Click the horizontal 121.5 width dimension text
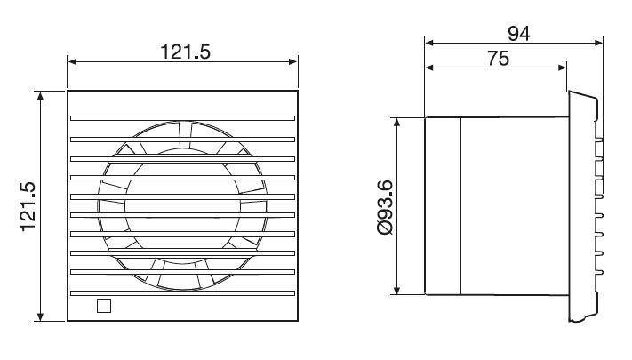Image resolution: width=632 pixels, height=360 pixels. pos(184,51)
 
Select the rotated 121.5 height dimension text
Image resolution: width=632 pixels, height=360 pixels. pos(28,206)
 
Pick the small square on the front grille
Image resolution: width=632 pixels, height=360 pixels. pos(104,307)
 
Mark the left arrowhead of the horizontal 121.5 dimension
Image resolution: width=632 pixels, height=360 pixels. pos(72,62)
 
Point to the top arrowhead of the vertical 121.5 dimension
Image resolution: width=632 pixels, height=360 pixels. pos(41,94)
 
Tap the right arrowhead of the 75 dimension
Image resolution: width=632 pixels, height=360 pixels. pos(562,68)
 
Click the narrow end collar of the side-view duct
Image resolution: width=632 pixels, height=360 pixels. pos(443,205)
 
